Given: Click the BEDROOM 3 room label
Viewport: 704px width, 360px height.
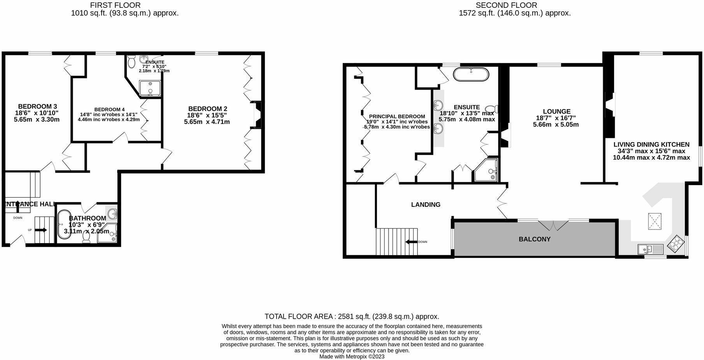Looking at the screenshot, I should click(37, 106).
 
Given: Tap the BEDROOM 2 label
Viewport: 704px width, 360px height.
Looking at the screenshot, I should click(207, 109).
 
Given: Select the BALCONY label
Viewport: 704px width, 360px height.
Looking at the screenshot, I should click(534, 239).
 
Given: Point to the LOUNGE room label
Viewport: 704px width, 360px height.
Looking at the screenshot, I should click(556, 111).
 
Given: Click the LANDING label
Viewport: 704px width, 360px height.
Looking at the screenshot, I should click(426, 205).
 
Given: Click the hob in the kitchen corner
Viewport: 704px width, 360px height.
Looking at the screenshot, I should click(677, 244).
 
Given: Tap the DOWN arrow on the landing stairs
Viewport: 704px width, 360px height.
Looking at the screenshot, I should click(411, 242).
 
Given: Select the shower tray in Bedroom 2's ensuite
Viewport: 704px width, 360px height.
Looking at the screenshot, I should click(150, 88).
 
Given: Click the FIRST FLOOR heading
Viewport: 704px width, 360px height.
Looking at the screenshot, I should click(115, 5).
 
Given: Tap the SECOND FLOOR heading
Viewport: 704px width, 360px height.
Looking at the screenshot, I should click(506, 5).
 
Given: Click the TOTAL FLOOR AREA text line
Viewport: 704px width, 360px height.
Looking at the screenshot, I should click(352, 316).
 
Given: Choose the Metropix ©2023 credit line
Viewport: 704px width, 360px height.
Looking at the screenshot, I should click(352, 356).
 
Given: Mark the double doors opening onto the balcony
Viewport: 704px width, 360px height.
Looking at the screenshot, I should click(553, 225).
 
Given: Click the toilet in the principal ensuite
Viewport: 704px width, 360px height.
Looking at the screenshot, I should click(492, 109).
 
